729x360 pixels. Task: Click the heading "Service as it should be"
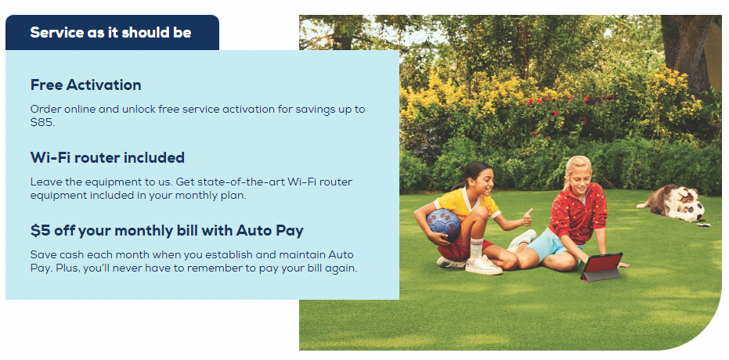point(110,32)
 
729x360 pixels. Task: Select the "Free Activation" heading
point(85,85)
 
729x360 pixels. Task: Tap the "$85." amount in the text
point(43,124)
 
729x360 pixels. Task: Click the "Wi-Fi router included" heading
point(107,157)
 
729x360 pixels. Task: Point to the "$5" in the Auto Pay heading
point(40,231)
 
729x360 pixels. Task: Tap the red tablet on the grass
point(601,267)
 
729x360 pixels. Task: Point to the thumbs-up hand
point(527,218)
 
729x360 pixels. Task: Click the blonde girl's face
point(579,174)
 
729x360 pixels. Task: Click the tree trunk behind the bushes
point(683,52)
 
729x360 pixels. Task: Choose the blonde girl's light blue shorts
point(550,245)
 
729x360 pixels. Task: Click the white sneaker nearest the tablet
point(522,240)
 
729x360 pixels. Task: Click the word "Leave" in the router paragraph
point(43,182)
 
